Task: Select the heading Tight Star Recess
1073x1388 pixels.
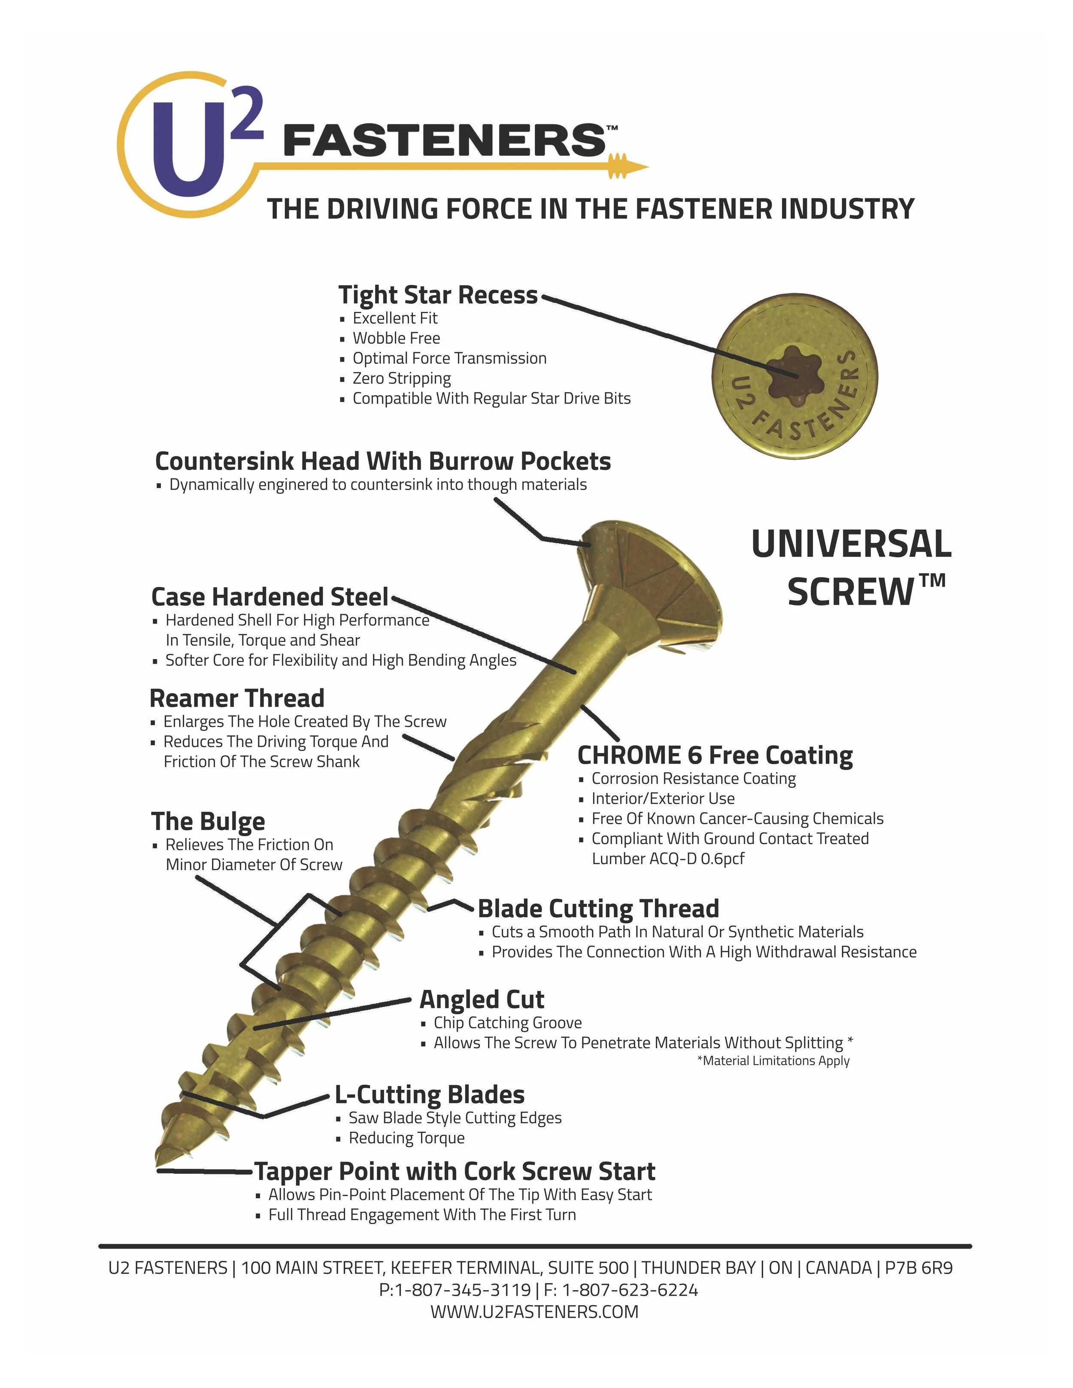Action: tap(437, 295)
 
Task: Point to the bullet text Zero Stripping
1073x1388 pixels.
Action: tap(401, 378)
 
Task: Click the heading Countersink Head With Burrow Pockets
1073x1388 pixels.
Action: tap(383, 461)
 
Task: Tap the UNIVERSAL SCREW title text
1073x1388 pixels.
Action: tap(852, 568)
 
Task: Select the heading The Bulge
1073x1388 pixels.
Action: tap(208, 821)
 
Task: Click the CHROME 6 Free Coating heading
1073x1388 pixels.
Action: tap(715, 755)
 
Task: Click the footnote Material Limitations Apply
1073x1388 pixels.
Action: tap(773, 1061)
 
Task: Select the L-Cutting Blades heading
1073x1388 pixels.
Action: tap(430, 1095)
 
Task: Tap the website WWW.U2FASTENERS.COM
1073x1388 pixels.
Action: tap(534, 1312)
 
